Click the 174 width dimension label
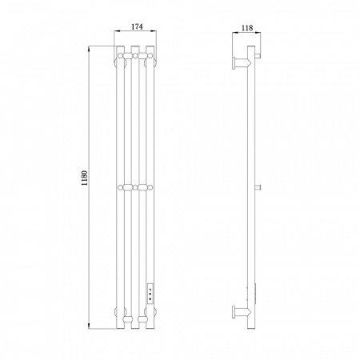(137, 26)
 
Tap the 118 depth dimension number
(247, 28)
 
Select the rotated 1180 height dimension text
(85, 178)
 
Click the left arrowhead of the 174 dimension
(116, 31)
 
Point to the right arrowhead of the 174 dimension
(154, 31)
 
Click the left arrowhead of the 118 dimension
(235, 33)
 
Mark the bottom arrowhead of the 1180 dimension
(89, 326)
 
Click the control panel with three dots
(150, 294)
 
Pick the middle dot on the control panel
(150, 294)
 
